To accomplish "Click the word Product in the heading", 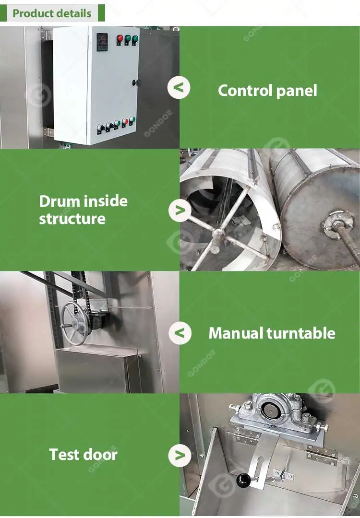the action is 32,13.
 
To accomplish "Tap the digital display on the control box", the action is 102,42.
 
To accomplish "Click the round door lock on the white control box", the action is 136,83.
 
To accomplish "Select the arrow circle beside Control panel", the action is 179,88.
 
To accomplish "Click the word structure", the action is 72,219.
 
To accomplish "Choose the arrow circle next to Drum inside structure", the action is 180,210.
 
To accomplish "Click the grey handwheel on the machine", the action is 74,323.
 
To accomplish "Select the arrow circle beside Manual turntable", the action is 180,333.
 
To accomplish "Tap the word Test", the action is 64,455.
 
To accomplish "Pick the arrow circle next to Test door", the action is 180,456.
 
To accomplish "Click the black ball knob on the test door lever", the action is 244,480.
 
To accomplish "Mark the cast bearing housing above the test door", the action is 276,412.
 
